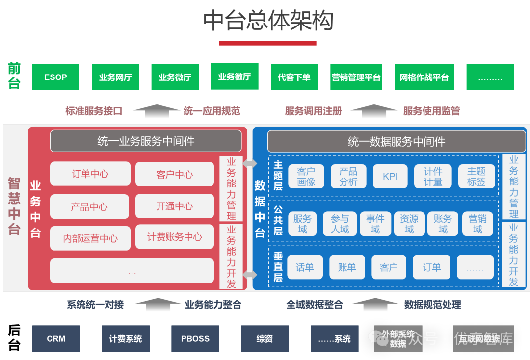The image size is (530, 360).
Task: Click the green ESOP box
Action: click(56, 77)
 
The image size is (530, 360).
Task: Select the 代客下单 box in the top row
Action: click(294, 77)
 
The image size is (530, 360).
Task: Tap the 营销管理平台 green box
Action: click(356, 77)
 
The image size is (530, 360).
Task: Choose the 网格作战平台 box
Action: click(424, 77)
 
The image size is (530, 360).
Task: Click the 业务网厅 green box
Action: click(115, 77)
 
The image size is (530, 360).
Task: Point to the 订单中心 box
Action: click(90, 174)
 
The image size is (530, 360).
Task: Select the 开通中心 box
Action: click(175, 206)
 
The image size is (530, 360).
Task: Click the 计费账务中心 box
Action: click(175, 237)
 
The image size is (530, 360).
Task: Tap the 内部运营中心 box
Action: click(90, 238)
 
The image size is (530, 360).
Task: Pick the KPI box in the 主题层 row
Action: click(390, 177)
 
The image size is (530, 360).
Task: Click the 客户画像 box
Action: click(306, 177)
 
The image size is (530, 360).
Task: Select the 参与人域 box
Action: click(340, 224)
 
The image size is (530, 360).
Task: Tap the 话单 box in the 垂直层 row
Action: click(305, 267)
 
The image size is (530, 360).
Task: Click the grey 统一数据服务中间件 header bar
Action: click(396, 142)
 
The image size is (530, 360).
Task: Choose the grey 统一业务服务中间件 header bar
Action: click(146, 141)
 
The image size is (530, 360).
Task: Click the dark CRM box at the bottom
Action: click(56, 339)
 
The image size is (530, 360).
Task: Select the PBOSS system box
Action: click(195, 339)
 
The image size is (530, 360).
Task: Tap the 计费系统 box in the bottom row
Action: click(126, 339)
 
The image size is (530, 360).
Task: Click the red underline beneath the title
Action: click(267, 43)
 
